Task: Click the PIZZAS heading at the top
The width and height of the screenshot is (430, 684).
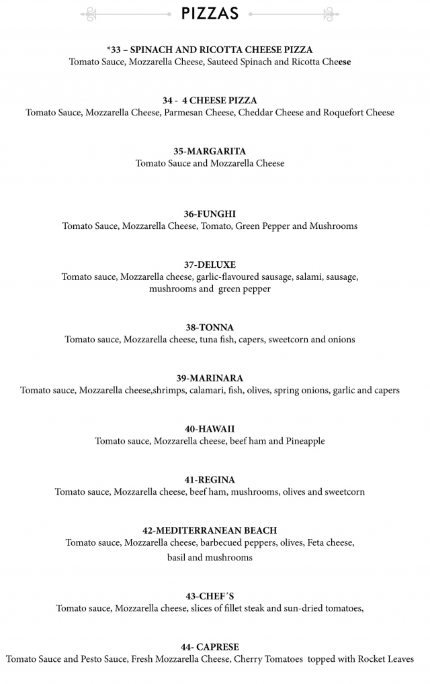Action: pos(210,13)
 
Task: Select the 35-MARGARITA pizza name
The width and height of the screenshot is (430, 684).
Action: pos(210,151)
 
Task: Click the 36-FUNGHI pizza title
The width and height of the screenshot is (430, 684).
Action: pos(210,213)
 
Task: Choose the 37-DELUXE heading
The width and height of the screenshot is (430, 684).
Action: pos(210,264)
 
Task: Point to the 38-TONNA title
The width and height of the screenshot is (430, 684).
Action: pos(210,328)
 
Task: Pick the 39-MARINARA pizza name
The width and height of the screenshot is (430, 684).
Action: pos(210,378)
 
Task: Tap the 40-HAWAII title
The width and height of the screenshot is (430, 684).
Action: pos(210,429)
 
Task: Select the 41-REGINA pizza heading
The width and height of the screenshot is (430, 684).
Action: pos(210,480)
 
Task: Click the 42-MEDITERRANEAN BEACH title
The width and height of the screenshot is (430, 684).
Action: pos(210,530)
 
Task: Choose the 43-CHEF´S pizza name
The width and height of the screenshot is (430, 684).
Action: pos(210,596)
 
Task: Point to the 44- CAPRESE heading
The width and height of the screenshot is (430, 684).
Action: pos(210,647)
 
